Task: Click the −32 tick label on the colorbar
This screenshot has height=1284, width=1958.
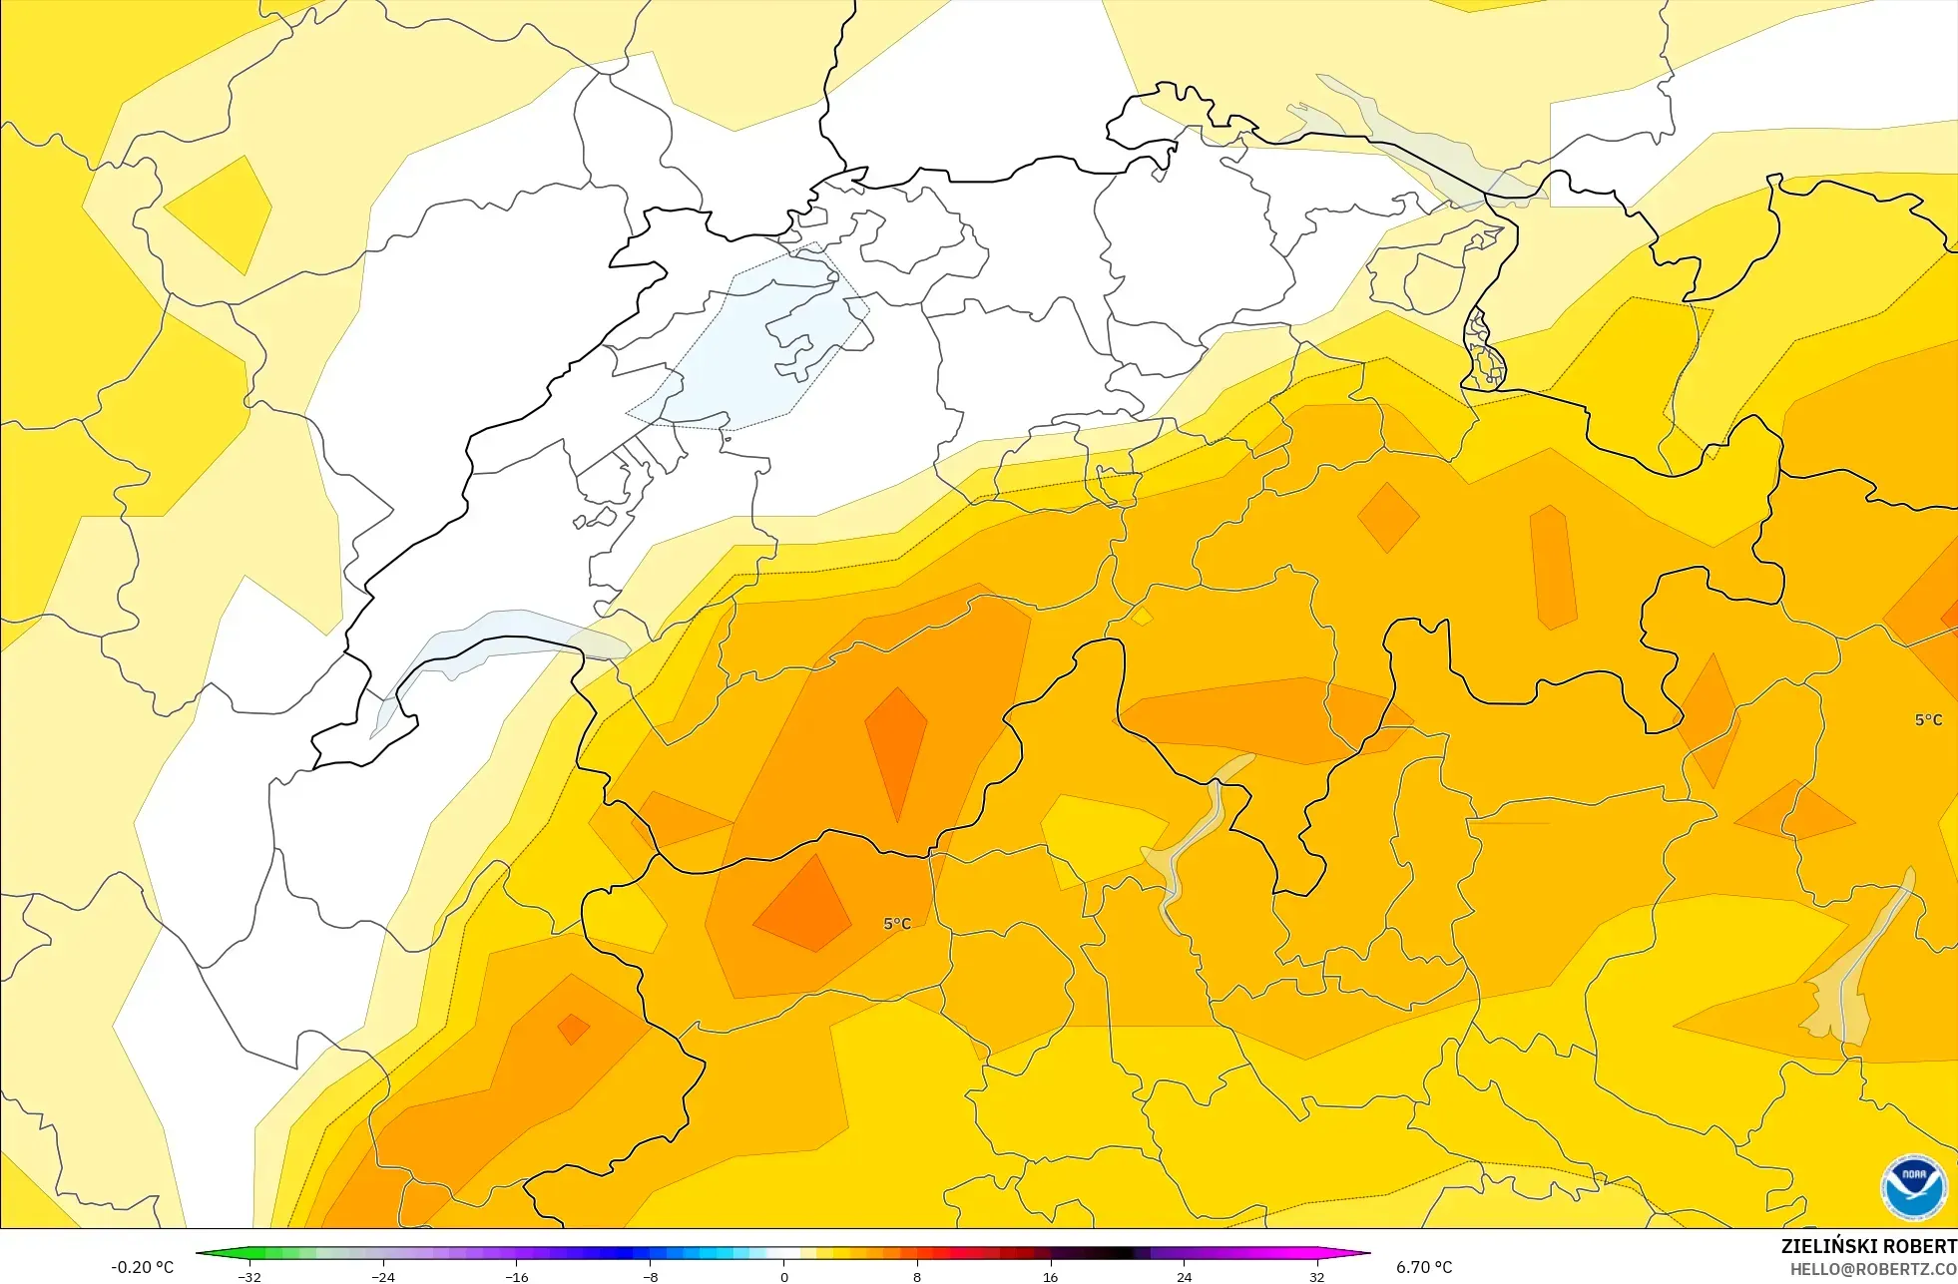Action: [249, 1276]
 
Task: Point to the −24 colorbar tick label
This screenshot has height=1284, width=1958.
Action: [383, 1276]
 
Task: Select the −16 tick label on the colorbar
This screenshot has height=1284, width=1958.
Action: [516, 1276]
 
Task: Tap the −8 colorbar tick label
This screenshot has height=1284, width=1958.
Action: [650, 1276]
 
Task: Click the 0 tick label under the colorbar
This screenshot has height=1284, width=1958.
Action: [784, 1276]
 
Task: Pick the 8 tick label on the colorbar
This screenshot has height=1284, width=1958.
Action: [917, 1276]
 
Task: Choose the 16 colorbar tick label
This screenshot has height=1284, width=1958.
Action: [1050, 1276]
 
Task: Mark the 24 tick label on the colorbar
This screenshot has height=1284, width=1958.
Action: [1184, 1276]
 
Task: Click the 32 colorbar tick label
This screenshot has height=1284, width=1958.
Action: [1317, 1276]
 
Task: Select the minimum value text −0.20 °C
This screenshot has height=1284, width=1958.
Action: [142, 1267]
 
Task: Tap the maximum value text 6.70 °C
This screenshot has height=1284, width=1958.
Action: [1424, 1267]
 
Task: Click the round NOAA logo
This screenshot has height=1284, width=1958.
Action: [1913, 1186]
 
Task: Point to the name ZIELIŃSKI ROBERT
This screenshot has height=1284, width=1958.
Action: [1868, 1246]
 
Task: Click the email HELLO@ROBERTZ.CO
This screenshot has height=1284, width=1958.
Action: [1872, 1269]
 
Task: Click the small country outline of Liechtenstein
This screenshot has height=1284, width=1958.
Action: [1484, 349]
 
